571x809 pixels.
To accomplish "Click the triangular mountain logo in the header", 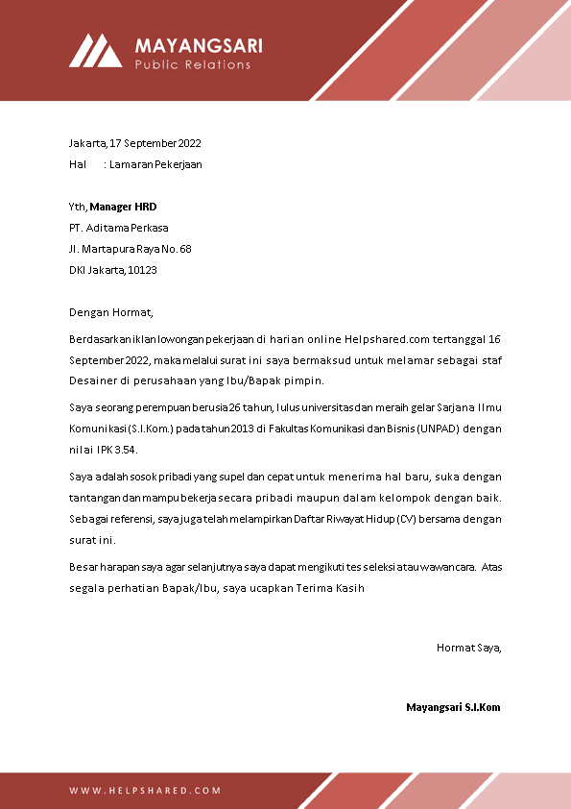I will coord(95,51).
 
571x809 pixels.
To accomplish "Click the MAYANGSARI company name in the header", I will coord(198,45).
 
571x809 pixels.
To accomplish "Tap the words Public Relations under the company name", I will coord(192,64).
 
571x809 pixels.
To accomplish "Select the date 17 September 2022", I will coord(155,143).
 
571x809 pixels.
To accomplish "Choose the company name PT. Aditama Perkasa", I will coord(119,228).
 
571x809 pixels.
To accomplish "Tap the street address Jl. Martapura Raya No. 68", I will coord(131,249).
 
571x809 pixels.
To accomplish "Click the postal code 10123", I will coord(142,270).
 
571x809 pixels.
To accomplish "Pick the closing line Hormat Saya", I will coord(468,648).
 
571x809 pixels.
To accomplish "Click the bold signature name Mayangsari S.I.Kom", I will coord(453,707).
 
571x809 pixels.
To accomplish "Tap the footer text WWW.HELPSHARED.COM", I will coord(145,791).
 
